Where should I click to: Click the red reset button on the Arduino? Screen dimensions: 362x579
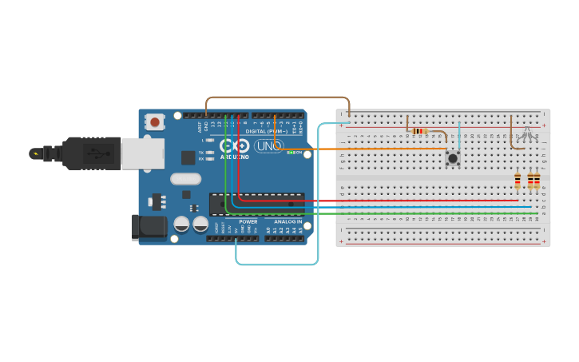click(154, 122)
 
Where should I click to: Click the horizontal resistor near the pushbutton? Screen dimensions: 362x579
click(419, 131)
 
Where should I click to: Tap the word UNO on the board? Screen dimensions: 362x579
click(268, 146)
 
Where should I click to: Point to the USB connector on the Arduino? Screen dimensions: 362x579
click(142, 153)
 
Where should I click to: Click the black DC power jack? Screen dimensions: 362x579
click(149, 226)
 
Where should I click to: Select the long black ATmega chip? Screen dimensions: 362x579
click(256, 205)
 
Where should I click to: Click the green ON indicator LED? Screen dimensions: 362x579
click(291, 153)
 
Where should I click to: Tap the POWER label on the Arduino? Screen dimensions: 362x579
click(248, 222)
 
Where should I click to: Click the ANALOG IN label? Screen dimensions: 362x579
click(288, 222)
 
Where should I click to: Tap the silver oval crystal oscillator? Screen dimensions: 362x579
click(185, 179)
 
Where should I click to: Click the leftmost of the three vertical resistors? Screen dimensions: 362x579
click(518, 181)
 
